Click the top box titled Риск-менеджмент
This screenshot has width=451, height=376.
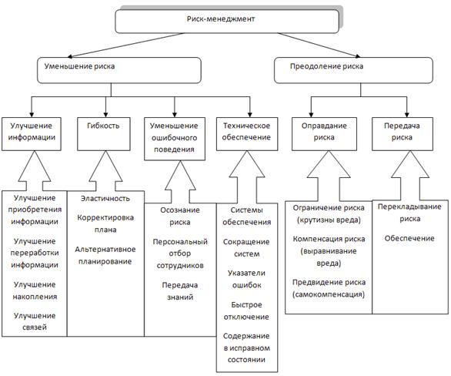tap(227, 22)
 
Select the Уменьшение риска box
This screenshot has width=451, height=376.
tap(119, 70)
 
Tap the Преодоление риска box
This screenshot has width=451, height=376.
tap(353, 70)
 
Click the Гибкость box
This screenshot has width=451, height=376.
tap(104, 134)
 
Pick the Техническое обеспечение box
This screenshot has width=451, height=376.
tap(247, 134)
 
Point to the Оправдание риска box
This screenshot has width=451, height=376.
tap(324, 134)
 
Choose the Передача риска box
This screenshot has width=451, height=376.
tap(403, 134)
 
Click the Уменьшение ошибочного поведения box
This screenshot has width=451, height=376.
tap(175, 139)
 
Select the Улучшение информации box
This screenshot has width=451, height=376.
tap(32, 134)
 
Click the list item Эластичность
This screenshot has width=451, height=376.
tap(105, 198)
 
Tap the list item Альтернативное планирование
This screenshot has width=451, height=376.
tap(105, 255)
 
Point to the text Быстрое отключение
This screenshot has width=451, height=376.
tap(246, 311)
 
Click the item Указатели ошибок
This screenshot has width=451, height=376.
tap(246, 279)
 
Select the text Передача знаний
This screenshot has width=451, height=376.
tap(180, 291)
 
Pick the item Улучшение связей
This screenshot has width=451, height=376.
tap(35, 321)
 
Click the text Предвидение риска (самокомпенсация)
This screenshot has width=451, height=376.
tap(329, 288)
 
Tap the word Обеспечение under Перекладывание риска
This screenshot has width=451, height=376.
tap(409, 238)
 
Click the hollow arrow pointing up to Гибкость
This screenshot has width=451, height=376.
tap(105, 172)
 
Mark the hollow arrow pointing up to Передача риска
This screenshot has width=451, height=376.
tap(410, 176)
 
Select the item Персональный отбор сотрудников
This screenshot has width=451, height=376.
tap(180, 253)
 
